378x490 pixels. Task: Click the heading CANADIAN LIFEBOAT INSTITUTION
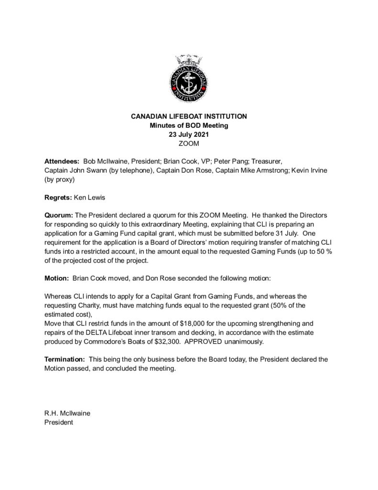point(189,116)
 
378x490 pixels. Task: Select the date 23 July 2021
point(189,134)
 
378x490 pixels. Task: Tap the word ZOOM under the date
point(189,143)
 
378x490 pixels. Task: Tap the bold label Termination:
point(65,359)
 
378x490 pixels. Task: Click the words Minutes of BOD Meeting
point(189,125)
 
